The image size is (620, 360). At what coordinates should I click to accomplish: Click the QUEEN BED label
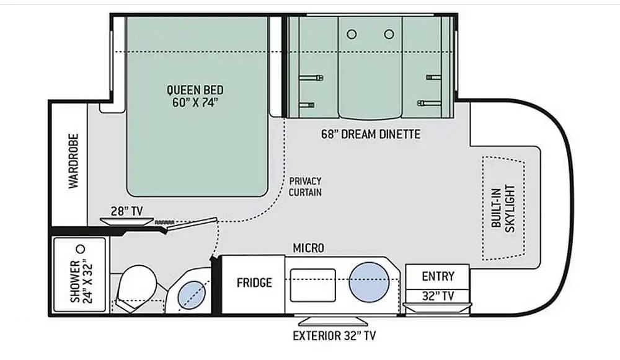(x=195, y=90)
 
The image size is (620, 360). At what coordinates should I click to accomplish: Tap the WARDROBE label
(x=74, y=161)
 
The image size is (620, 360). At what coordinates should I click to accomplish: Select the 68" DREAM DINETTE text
(x=371, y=134)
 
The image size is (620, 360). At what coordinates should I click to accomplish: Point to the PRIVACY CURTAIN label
(x=305, y=187)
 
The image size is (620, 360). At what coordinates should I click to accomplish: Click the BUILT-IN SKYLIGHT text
(x=503, y=209)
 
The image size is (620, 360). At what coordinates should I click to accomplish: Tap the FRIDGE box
(x=253, y=284)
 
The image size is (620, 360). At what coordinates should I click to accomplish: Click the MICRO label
(x=308, y=248)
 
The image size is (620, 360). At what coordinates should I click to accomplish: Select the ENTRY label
(x=438, y=276)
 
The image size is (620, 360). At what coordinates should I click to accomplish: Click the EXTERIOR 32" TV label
(x=334, y=336)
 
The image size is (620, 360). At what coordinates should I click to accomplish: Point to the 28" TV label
(x=126, y=211)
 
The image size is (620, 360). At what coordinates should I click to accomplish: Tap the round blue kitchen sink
(x=369, y=282)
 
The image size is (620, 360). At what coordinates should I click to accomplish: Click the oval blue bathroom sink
(x=192, y=295)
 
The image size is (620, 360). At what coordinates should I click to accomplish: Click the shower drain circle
(x=81, y=249)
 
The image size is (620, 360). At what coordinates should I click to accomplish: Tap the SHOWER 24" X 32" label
(x=81, y=281)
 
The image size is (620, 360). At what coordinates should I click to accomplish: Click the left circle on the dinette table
(x=352, y=34)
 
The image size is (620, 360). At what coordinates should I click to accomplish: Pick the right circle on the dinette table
(x=389, y=34)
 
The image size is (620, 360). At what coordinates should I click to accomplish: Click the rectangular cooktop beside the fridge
(x=312, y=285)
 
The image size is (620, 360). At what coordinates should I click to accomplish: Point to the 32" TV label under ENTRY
(x=438, y=296)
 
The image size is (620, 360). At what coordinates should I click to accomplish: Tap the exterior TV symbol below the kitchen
(x=333, y=321)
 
